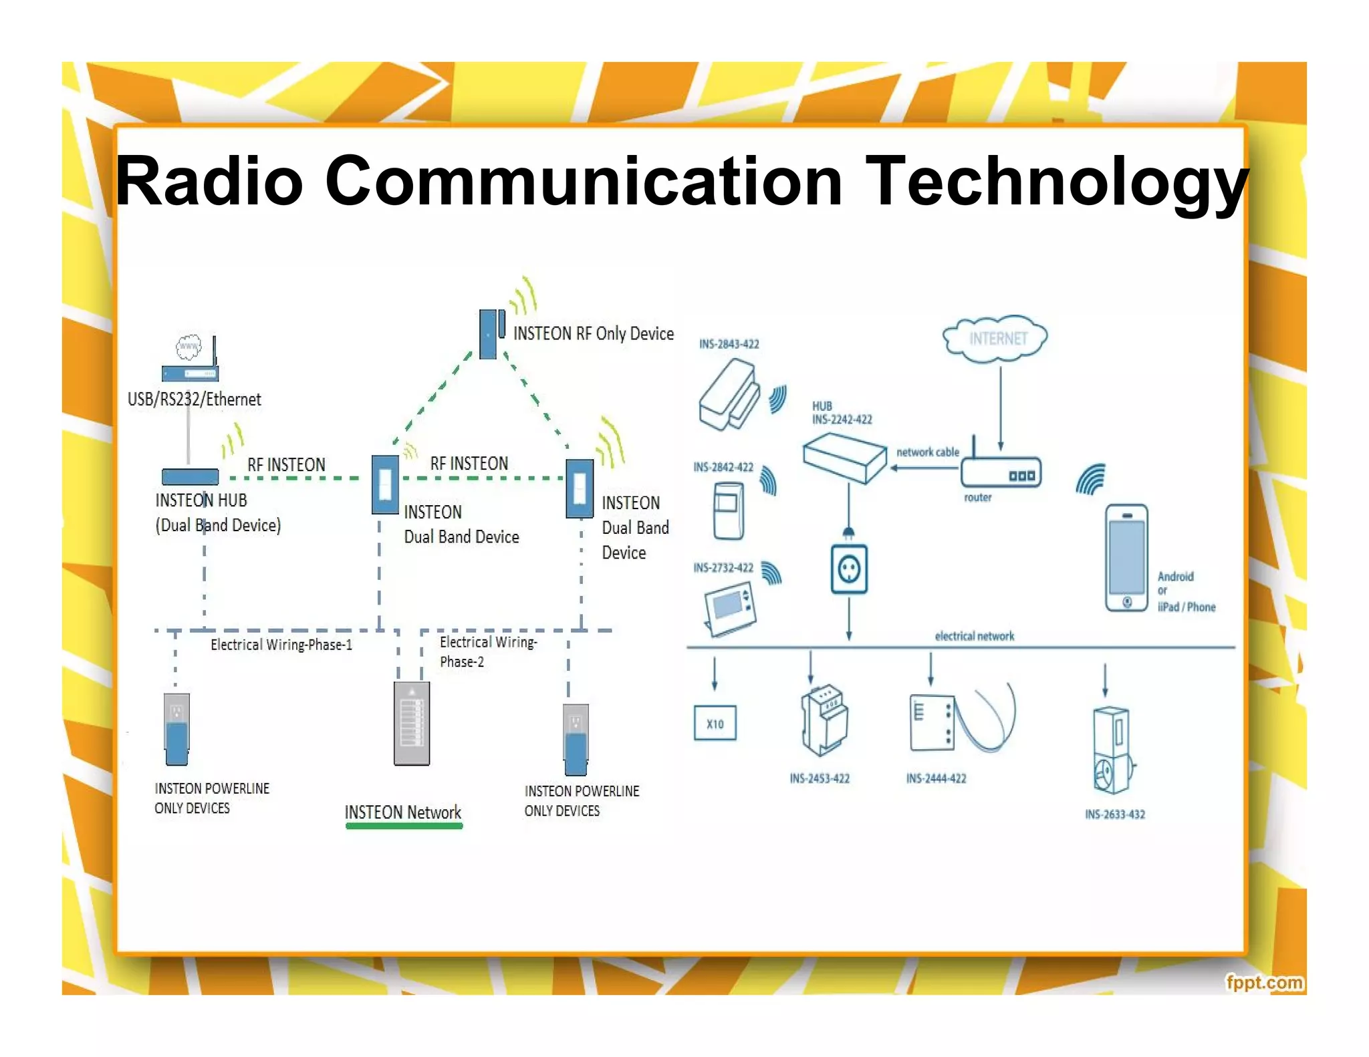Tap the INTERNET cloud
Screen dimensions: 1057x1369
click(995, 339)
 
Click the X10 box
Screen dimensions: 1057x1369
click(715, 723)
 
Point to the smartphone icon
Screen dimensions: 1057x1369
click(1126, 558)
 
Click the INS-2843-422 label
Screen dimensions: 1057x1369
click(729, 344)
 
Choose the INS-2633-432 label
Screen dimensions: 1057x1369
click(1114, 814)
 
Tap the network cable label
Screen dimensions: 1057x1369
click(927, 452)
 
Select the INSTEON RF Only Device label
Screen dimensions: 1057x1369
click(593, 333)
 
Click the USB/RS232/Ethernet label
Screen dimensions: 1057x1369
click(194, 400)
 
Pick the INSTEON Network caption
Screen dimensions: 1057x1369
click(402, 812)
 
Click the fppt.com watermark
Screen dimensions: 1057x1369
click(1263, 982)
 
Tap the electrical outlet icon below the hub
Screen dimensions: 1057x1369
click(849, 569)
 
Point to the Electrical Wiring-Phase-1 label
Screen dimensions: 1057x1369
click(281, 645)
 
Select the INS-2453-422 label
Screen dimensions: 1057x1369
click(820, 778)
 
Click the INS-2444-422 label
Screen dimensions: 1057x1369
click(936, 778)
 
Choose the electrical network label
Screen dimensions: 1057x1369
click(974, 636)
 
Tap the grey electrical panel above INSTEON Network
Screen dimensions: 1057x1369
click(412, 723)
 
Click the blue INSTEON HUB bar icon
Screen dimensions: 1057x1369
click(190, 476)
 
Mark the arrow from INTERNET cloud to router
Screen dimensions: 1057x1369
click(1001, 408)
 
